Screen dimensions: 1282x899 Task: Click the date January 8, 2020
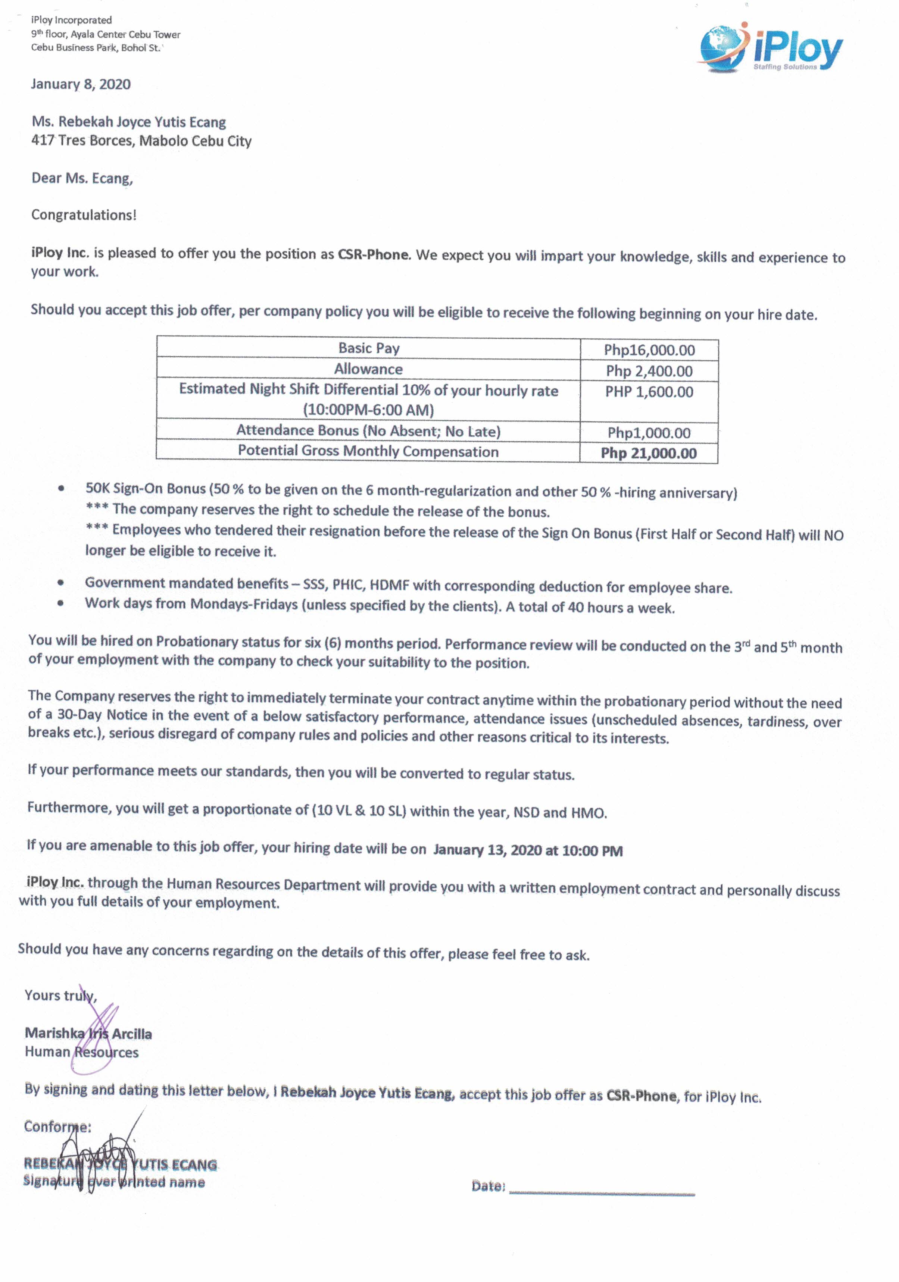tap(81, 84)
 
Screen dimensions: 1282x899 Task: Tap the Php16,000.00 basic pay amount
tap(649, 350)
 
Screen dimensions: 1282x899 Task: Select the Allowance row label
tap(368, 369)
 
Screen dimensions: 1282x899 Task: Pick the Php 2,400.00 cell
tap(649, 371)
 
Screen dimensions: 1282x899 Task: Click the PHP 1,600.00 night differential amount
tap(649, 392)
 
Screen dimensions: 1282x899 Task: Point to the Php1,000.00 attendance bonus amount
tap(649, 433)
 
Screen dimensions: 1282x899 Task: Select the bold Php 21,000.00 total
tap(648, 453)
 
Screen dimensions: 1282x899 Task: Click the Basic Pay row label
tap(369, 348)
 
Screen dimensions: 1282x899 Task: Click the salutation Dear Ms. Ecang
tap(82, 178)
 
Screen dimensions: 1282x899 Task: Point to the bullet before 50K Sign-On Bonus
tap(61, 489)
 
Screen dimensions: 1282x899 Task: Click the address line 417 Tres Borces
tap(141, 141)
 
